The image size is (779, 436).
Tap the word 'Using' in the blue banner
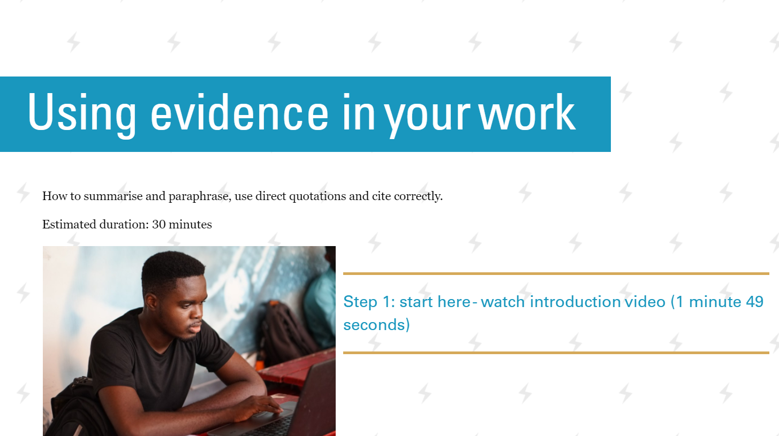82,115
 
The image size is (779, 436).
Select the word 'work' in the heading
527,112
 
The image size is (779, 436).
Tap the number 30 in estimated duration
158,225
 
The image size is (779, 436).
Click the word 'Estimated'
70,225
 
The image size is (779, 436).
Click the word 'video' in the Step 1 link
645,302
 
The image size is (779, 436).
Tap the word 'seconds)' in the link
376,325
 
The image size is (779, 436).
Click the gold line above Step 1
556,274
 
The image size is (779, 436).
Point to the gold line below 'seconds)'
556,353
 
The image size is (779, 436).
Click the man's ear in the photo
152,302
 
